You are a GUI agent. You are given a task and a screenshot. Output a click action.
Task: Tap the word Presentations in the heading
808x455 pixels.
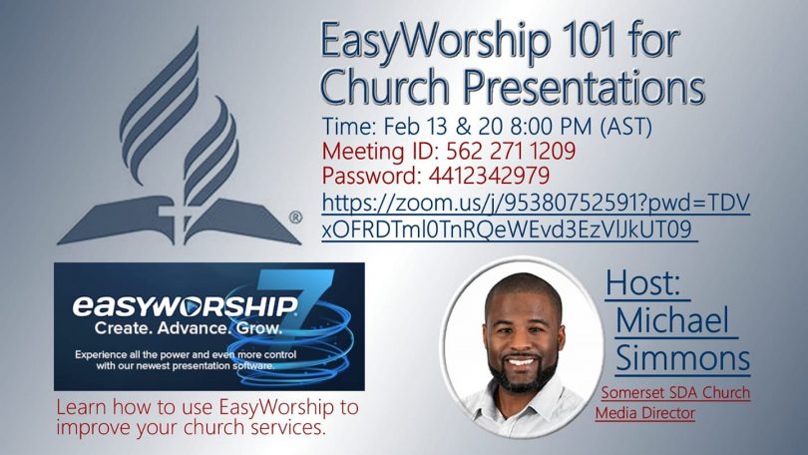(x=584, y=86)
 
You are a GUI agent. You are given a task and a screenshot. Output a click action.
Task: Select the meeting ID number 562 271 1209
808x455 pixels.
(x=510, y=151)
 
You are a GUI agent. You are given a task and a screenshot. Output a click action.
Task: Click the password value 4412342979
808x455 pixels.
(x=489, y=176)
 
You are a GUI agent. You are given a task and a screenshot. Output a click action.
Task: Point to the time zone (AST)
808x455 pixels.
(x=626, y=127)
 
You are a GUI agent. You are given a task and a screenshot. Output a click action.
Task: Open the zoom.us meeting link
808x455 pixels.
(x=536, y=217)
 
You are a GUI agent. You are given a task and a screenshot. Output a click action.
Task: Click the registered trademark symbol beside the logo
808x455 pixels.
(x=295, y=218)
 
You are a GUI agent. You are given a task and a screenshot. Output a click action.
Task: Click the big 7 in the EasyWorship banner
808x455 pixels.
(x=296, y=304)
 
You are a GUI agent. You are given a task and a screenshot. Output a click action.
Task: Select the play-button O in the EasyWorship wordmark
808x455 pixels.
(x=191, y=306)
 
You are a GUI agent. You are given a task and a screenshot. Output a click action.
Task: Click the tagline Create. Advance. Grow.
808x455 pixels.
(x=189, y=327)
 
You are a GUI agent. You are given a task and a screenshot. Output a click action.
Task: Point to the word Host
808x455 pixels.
(x=643, y=283)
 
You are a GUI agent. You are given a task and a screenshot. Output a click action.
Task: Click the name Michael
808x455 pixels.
(x=672, y=320)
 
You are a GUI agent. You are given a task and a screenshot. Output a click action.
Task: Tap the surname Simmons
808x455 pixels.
(x=682, y=357)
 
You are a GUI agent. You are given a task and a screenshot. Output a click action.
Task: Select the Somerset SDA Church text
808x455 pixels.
(x=675, y=393)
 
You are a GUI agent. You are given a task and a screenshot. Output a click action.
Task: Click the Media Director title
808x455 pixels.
(x=645, y=413)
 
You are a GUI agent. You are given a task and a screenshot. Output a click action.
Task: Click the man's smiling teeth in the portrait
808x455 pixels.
(x=521, y=362)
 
